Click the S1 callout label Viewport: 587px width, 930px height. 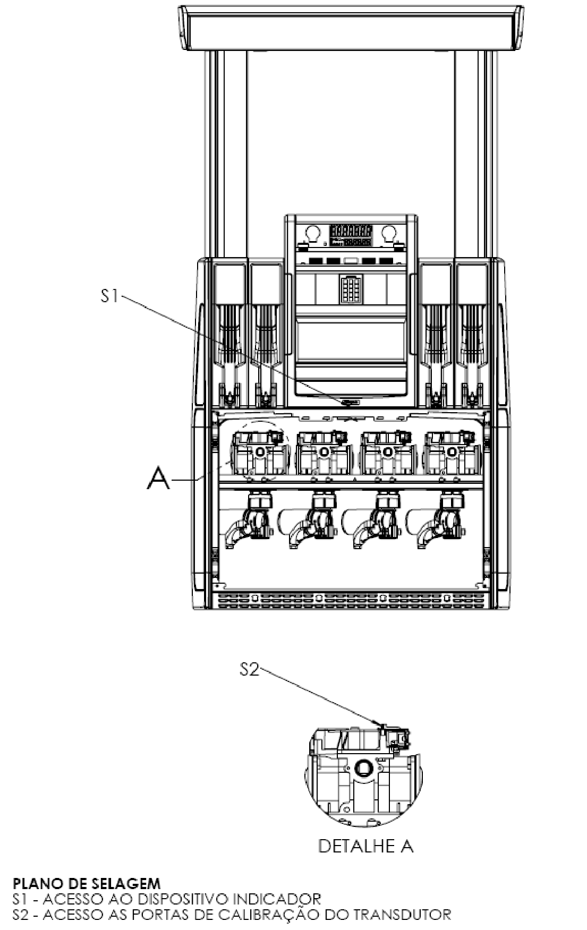coord(110,296)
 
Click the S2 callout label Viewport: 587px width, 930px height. coord(250,670)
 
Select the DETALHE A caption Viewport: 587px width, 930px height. coord(365,846)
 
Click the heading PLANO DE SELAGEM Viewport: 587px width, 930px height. coord(86,884)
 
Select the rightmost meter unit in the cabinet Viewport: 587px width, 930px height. coord(450,453)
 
